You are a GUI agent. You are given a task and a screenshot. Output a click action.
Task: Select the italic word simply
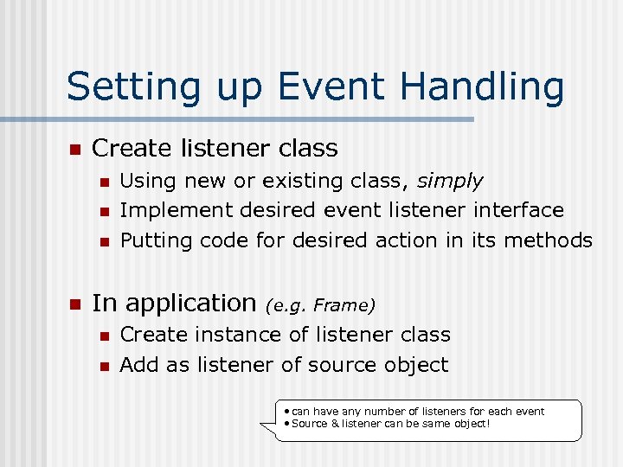tap(450, 182)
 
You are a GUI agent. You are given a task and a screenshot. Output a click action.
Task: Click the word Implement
tap(177, 210)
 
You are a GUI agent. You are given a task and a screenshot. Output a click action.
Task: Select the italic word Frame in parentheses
tap(343, 304)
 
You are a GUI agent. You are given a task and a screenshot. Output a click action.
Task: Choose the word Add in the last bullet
tap(137, 365)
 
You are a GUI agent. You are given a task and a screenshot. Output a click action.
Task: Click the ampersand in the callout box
tap(335, 425)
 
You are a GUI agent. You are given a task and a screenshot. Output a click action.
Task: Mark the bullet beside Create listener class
tap(74, 150)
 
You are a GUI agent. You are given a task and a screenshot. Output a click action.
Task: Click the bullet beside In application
tap(74, 304)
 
